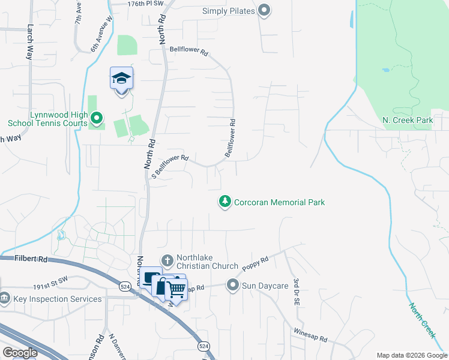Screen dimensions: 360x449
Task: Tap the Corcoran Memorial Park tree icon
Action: (225, 202)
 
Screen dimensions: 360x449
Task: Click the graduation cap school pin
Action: (121, 79)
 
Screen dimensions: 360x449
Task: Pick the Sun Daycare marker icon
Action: (233, 285)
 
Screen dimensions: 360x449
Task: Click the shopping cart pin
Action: (176, 289)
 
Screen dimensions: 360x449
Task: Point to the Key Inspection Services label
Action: (58, 299)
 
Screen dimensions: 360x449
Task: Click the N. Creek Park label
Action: (408, 121)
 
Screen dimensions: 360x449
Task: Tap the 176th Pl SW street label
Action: (128, 4)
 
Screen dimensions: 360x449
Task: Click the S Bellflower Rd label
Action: (170, 167)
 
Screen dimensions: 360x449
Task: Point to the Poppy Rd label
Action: (256, 262)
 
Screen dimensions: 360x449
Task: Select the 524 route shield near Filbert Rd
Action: (124, 286)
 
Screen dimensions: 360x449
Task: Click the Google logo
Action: (20, 353)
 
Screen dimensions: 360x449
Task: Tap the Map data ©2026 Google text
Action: (411, 355)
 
